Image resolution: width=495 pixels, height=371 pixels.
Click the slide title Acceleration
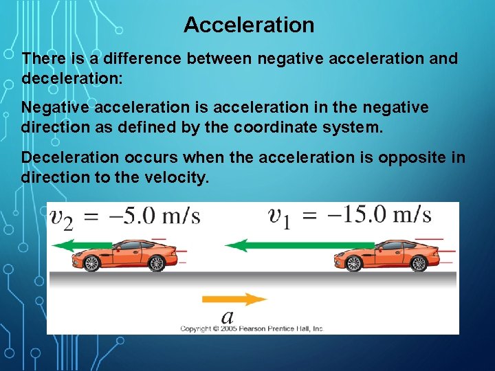pos(249,25)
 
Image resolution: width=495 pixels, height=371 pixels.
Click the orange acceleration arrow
pos(234,299)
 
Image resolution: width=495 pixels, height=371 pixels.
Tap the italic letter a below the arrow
pos(228,317)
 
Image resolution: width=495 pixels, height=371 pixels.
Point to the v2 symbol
pos(63,218)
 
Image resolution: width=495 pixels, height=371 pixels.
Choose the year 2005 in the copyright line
pos(227,329)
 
